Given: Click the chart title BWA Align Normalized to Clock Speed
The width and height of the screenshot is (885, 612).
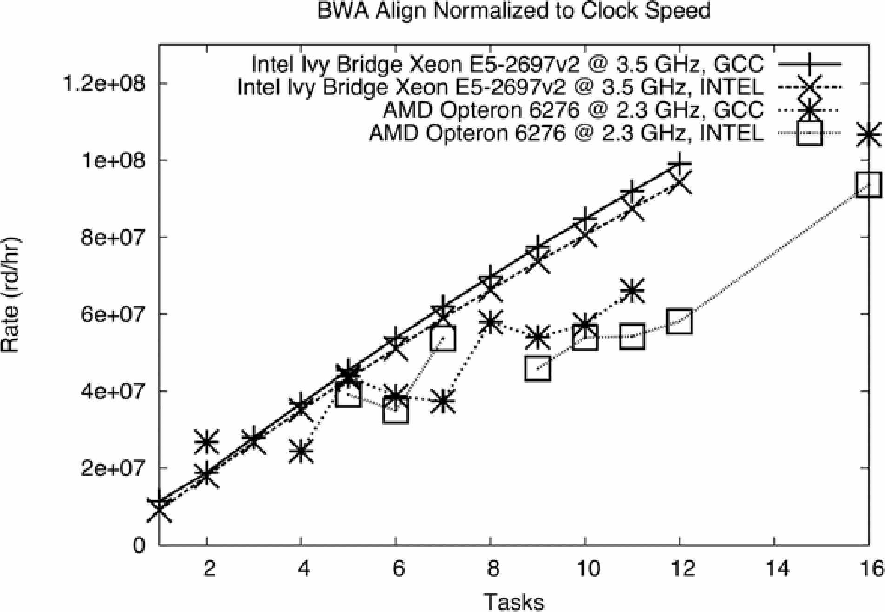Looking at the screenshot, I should pyautogui.click(x=513, y=11).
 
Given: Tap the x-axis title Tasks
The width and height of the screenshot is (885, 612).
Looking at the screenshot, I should pyautogui.click(x=513, y=601).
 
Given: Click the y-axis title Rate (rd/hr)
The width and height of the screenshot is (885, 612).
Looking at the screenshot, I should pyautogui.click(x=11, y=295).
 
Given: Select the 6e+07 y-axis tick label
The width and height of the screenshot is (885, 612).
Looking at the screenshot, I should pyautogui.click(x=113, y=314).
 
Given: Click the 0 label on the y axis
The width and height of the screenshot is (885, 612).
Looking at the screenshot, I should pyautogui.click(x=139, y=545).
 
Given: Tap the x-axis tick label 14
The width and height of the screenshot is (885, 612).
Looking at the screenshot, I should pyautogui.click(x=774, y=568).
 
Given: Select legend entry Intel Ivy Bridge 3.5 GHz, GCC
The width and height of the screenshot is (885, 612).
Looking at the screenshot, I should pyautogui.click(x=507, y=64).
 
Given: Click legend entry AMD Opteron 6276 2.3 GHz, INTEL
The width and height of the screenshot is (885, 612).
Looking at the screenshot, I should pyautogui.click(x=566, y=133).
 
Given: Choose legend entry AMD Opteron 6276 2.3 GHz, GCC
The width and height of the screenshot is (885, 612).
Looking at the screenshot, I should pyautogui.click(x=573, y=110).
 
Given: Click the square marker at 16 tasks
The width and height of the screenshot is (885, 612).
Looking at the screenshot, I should pyautogui.click(x=868, y=184).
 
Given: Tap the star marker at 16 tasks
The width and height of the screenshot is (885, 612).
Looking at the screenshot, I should pyautogui.click(x=868, y=134).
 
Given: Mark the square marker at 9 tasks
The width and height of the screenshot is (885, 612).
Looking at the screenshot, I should pyautogui.click(x=538, y=369).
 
